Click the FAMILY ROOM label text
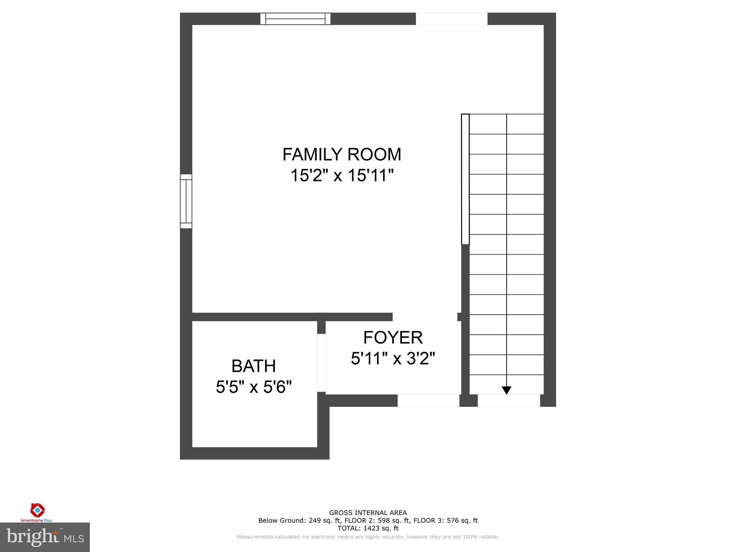pyautogui.click(x=341, y=155)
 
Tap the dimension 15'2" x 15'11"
pyautogui.click(x=341, y=176)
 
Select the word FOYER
pyautogui.click(x=393, y=337)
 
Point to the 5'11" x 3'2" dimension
pyautogui.click(x=393, y=358)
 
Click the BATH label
pyautogui.click(x=253, y=366)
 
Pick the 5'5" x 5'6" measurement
pyautogui.click(x=253, y=387)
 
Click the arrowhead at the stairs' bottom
pyautogui.click(x=506, y=390)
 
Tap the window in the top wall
pyautogui.click(x=295, y=19)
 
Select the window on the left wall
pyautogui.click(x=186, y=201)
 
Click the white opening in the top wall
pyautogui.click(x=451, y=19)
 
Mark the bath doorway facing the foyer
pyautogui.click(x=321, y=363)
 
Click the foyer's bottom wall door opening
pyautogui.click(x=428, y=400)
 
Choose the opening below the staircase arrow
pyautogui.click(x=509, y=400)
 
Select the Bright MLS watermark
pyautogui.click(x=45, y=537)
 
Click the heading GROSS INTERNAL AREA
pyautogui.click(x=368, y=513)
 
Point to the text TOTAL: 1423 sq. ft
pyautogui.click(x=368, y=528)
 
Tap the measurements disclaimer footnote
pyautogui.click(x=368, y=537)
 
